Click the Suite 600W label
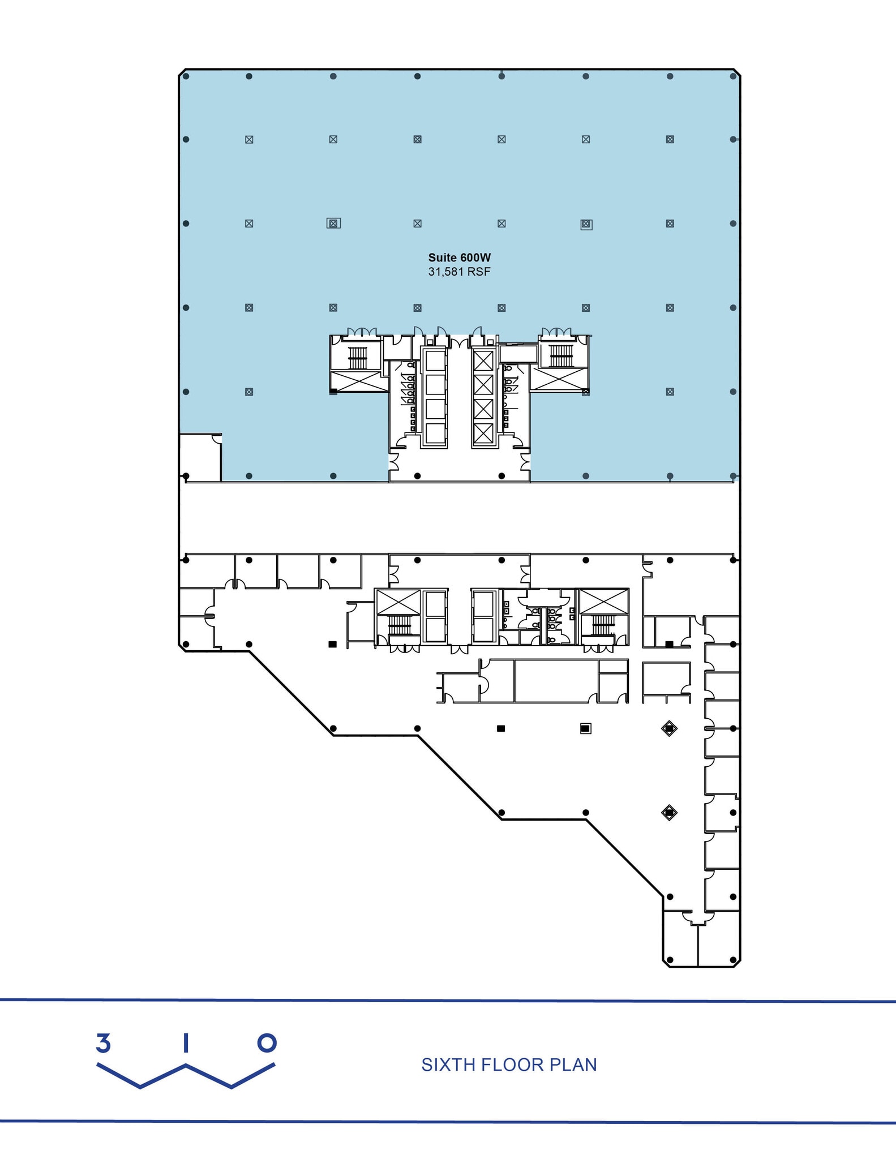click(x=459, y=257)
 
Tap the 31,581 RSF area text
click(x=459, y=272)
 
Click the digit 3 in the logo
click(x=103, y=1043)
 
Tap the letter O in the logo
click(x=267, y=1042)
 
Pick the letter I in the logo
click(x=185, y=1043)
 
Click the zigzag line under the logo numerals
click(x=186, y=1075)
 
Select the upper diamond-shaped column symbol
click(x=669, y=728)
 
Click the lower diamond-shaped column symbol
click(x=669, y=813)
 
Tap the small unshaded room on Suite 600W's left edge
click(x=200, y=457)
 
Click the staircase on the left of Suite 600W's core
click(x=357, y=357)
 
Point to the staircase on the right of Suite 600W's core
click(x=561, y=356)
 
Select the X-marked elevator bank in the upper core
click(x=483, y=397)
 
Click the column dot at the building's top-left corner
click(x=186, y=76)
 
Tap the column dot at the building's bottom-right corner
click(x=733, y=960)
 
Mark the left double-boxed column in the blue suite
click(x=333, y=224)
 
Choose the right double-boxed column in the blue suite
click(x=586, y=225)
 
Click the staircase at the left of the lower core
click(x=399, y=625)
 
